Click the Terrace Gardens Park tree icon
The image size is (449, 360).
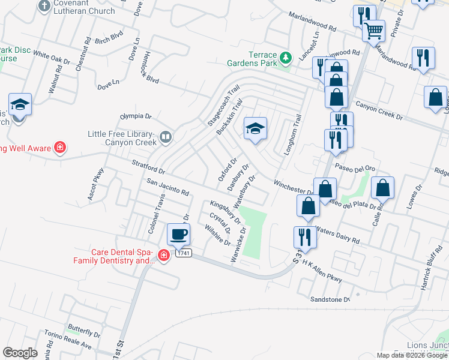click(x=286, y=58)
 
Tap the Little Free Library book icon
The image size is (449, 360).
click(x=166, y=138)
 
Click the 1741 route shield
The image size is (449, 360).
click(x=183, y=254)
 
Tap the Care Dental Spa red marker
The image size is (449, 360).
click(x=163, y=256)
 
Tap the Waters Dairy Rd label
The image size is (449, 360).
click(x=337, y=235)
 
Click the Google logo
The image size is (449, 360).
click(x=20, y=353)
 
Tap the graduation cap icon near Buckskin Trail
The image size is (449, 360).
click(x=255, y=128)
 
